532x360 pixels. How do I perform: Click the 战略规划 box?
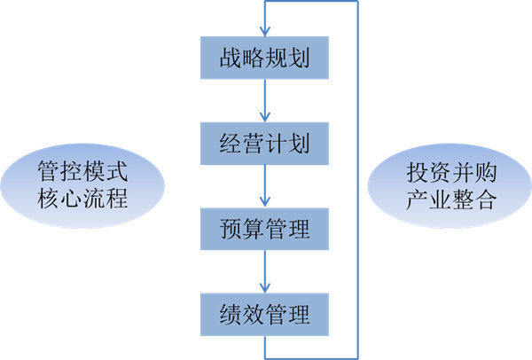pos(264,58)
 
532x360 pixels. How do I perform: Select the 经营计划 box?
pos(264,144)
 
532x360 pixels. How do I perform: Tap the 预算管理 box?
pos(264,229)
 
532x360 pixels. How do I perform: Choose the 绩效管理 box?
pos(264,314)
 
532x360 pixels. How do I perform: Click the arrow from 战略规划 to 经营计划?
pos(265,100)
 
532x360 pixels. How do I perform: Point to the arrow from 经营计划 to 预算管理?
pos(265,186)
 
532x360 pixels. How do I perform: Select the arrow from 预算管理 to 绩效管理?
pos(265,271)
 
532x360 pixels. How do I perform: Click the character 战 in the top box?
pos(231,58)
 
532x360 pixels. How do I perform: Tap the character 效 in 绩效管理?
pos(254,314)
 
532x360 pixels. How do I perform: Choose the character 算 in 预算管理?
pos(254,229)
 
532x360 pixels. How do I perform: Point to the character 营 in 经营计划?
pos(254,144)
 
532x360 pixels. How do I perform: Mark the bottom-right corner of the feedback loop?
pos(357,356)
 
